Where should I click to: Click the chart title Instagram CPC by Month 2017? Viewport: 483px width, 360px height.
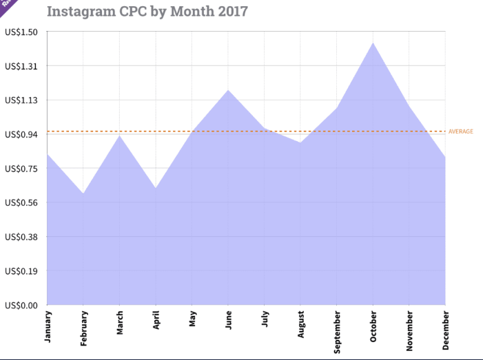[147, 12]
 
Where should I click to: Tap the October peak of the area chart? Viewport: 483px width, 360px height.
[373, 43]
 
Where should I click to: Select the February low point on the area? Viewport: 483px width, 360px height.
[83, 193]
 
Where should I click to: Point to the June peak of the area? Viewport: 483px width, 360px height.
[227, 89]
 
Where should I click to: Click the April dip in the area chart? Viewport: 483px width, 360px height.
[156, 188]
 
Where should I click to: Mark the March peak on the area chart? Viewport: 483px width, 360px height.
[119, 136]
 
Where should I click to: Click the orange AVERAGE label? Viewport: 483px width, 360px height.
[460, 131]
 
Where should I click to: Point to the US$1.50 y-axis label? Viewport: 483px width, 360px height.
[21, 32]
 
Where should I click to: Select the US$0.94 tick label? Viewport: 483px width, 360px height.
[21, 134]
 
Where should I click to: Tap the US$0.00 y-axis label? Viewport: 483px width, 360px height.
[21, 305]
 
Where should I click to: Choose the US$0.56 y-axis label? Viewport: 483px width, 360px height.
[21, 202]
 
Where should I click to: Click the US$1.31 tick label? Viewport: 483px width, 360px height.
[21, 66]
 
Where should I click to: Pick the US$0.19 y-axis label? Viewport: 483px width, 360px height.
[21, 271]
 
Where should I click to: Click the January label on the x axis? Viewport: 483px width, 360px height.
[48, 326]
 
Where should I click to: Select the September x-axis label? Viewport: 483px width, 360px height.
[337, 331]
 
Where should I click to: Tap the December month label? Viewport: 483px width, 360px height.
[446, 330]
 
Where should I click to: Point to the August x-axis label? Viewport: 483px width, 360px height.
[301, 324]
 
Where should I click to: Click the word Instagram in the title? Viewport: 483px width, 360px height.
[81, 12]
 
